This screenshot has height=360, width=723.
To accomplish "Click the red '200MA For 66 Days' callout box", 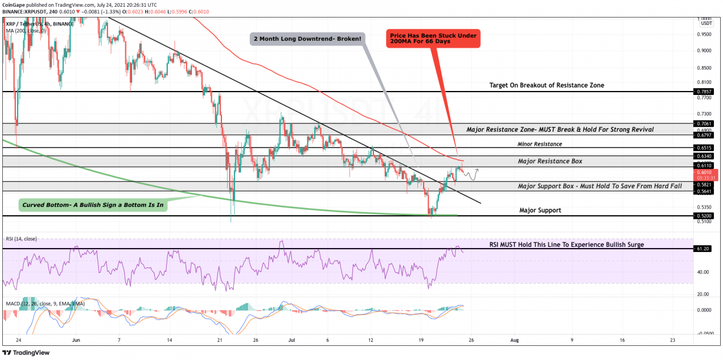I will click(x=433, y=38).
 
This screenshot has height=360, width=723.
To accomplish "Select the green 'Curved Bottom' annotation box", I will click(x=93, y=205).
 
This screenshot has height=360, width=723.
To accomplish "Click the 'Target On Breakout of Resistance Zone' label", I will click(x=546, y=85).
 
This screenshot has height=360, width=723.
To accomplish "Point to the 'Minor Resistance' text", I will click(x=539, y=144).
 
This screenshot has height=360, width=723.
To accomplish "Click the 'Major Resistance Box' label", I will click(x=550, y=161).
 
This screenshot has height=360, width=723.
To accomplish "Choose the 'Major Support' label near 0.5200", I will click(x=540, y=210).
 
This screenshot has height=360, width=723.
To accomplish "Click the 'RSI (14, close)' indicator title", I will click(x=21, y=239).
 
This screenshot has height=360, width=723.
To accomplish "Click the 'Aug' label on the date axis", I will click(x=514, y=341).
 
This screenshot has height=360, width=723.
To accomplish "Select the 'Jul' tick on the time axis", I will click(x=291, y=341).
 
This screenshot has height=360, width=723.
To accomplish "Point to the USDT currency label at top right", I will click(x=706, y=23).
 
